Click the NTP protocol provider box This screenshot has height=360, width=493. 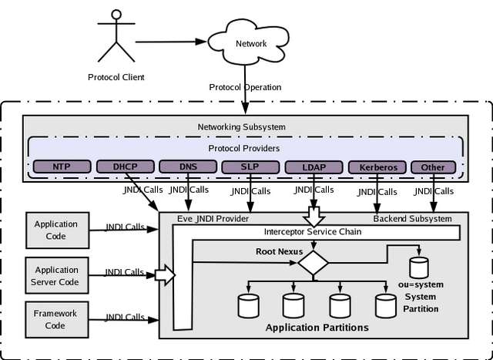(x=62, y=167)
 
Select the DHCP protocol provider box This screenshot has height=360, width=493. (x=125, y=167)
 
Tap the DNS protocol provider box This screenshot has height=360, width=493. (x=188, y=167)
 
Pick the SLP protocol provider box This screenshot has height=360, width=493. (x=250, y=167)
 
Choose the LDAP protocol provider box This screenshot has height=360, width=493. (x=314, y=167)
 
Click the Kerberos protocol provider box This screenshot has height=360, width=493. (x=377, y=167)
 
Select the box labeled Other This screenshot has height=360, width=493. (x=433, y=167)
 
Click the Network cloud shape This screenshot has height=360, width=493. (x=248, y=42)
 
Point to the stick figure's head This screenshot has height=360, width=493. (x=116, y=15)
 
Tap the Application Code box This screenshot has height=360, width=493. (x=58, y=230)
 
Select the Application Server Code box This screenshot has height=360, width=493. (x=57, y=275)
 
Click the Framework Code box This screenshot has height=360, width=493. (x=57, y=320)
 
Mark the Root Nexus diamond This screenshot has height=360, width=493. (x=314, y=262)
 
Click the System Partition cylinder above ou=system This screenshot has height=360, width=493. (x=419, y=267)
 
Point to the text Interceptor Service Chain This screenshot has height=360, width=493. (x=313, y=232)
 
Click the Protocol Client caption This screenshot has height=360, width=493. (x=116, y=77)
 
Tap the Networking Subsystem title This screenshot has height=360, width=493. (x=241, y=127)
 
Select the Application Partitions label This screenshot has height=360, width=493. (x=317, y=328)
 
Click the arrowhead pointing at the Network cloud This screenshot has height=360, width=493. (x=201, y=42)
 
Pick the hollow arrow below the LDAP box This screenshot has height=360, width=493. (x=314, y=217)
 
